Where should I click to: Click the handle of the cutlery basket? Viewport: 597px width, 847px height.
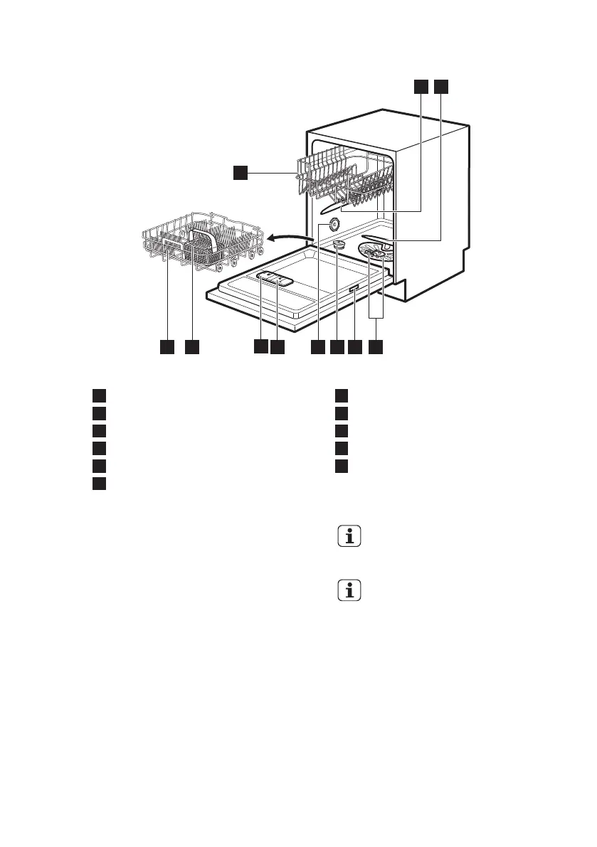point(204,234)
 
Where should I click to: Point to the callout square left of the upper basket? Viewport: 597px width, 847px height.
point(241,172)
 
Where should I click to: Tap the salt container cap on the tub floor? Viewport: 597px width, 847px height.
point(339,244)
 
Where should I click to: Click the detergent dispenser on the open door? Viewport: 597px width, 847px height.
point(275,280)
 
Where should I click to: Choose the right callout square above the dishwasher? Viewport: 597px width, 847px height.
point(441,86)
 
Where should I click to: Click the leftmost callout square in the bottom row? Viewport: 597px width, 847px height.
point(167,346)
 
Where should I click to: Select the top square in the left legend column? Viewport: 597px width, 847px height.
point(99,395)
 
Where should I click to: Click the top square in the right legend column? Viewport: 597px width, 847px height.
point(342,395)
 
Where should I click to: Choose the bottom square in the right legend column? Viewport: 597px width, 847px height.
point(342,466)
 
